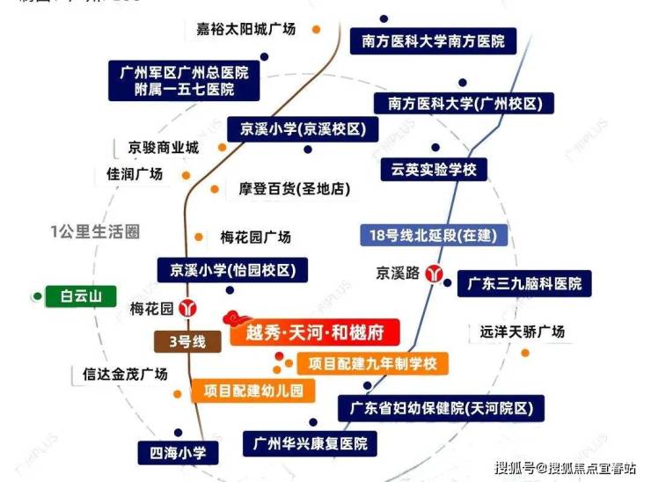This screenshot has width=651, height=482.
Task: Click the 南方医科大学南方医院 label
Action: pos(433,40)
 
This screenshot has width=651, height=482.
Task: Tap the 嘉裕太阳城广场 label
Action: pos(251,29)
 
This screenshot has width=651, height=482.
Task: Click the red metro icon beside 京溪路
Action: pos(433,273)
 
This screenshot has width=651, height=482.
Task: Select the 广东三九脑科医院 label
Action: pos(524,284)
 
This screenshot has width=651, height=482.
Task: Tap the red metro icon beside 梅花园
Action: pos(187,309)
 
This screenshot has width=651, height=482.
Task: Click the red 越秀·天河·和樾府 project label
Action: pos(313,332)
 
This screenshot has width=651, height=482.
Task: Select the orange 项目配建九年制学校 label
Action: pos(372,362)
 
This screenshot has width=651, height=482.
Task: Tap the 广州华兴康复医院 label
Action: pos(311,442)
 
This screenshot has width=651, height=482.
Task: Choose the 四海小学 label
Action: pos(177,453)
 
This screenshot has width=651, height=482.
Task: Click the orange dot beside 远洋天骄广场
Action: pos(525,353)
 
